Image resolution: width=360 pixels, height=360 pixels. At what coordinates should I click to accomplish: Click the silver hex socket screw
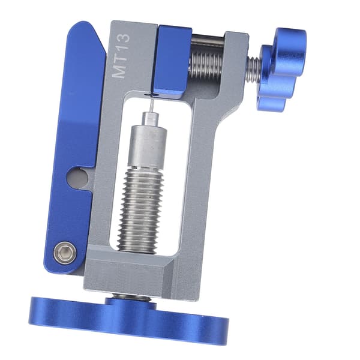[x=65, y=253]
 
